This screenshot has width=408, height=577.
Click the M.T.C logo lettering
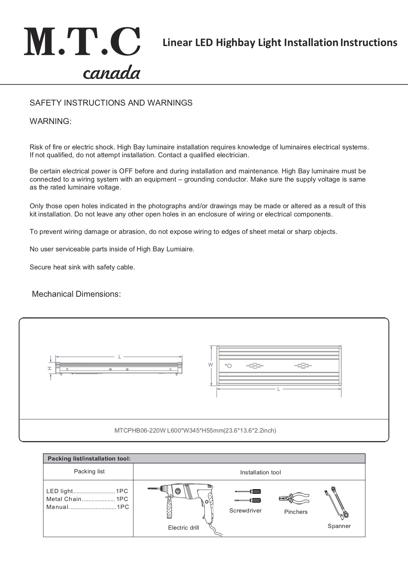[82, 42]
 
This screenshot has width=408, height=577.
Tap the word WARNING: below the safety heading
[51, 121]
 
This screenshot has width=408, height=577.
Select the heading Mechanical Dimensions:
[76, 294]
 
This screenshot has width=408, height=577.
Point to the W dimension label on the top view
[211, 365]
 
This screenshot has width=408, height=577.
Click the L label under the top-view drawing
[278, 389]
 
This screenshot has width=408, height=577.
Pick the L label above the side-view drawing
[120, 357]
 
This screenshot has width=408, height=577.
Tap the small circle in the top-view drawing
[229, 366]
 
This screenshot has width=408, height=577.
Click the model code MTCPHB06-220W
[140, 430]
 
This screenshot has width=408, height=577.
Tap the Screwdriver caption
[245, 511]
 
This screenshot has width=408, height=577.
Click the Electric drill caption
[184, 528]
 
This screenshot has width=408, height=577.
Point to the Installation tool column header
[261, 472]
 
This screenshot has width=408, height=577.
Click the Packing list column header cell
[89, 471]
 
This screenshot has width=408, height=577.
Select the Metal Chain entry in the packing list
[64, 499]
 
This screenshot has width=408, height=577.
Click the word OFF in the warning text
[126, 171]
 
